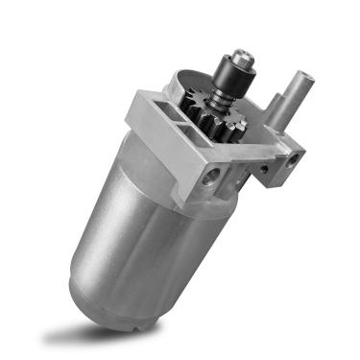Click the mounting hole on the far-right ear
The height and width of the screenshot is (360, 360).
point(293,156)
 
